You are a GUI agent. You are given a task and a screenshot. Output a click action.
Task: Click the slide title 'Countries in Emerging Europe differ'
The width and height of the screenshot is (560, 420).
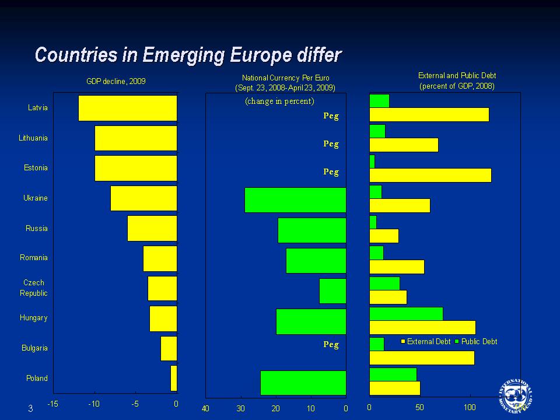point(187,55)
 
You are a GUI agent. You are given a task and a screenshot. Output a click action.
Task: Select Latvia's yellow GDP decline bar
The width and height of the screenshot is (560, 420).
point(127,108)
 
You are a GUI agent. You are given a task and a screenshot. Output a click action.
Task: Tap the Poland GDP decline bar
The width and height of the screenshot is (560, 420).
point(174,378)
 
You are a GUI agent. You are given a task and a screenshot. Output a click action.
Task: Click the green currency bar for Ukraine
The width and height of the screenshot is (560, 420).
point(295,200)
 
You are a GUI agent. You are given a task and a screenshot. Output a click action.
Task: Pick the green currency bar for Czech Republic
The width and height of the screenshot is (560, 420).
point(332,291)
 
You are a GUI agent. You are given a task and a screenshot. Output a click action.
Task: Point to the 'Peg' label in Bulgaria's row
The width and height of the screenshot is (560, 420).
point(331,344)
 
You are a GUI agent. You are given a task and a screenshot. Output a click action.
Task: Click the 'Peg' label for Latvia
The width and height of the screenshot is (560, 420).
point(331,116)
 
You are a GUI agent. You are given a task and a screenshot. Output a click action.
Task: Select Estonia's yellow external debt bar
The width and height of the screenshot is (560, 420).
point(430,175)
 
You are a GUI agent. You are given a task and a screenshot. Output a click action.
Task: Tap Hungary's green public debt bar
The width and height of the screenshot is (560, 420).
point(406,313)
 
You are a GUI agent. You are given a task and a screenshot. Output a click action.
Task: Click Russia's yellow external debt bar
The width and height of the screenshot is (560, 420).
point(384,236)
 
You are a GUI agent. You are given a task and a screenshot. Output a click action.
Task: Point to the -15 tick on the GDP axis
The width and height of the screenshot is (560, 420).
point(52,404)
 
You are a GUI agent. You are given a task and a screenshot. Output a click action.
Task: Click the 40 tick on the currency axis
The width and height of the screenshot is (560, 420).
point(205,408)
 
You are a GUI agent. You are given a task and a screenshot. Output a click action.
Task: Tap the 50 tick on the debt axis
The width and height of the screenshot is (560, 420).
point(419,408)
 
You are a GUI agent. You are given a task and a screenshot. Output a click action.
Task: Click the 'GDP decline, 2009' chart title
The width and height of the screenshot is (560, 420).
point(116,81)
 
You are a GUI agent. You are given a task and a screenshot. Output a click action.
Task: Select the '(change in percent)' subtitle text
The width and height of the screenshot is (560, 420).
point(279,101)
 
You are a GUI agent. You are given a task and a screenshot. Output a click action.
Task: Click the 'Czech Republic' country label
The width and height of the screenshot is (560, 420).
point(34,288)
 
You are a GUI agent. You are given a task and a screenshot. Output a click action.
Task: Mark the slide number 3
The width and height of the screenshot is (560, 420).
point(30,409)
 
